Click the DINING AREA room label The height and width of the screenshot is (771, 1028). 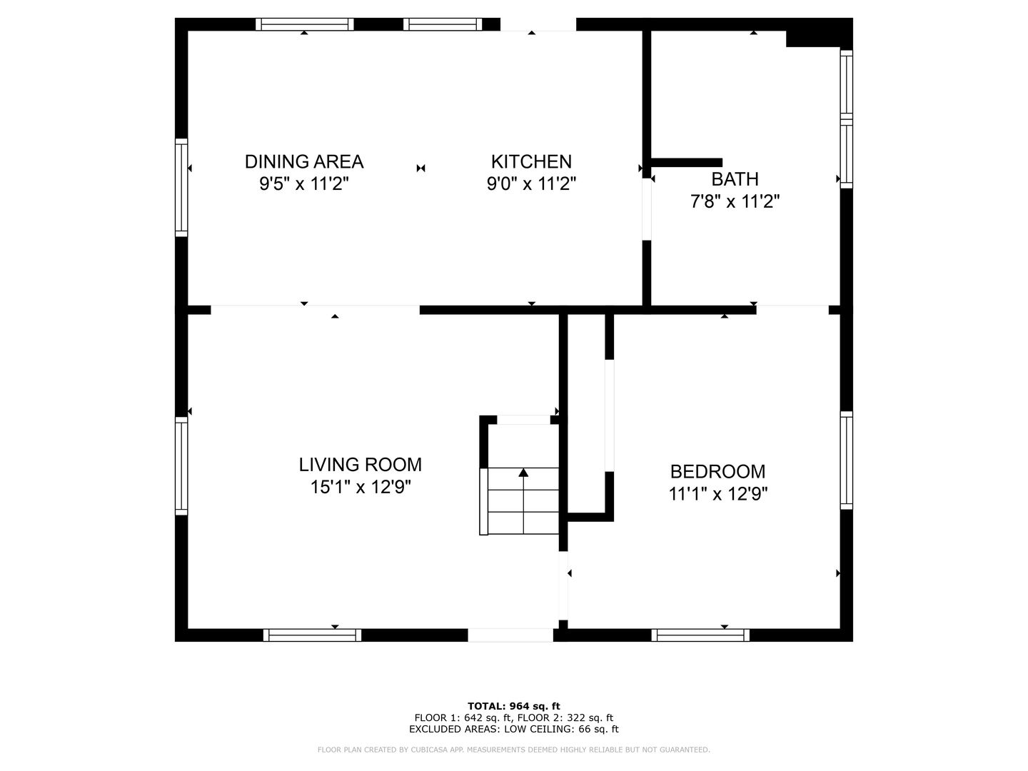coord(304,161)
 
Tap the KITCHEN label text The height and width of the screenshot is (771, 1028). coord(531,161)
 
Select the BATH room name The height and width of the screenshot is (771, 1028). coord(735,178)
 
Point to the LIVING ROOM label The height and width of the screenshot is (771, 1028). coord(360,464)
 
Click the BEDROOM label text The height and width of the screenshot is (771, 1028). coord(717,471)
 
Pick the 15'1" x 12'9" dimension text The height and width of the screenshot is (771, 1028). coord(360,487)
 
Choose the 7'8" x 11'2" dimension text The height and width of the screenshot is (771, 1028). coord(735,201)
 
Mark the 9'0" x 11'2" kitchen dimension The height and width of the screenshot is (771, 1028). coord(531,183)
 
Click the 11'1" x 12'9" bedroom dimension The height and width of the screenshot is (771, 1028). coord(717,494)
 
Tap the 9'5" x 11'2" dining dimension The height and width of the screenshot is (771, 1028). coord(304,183)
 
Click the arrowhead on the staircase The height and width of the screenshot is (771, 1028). coord(523,473)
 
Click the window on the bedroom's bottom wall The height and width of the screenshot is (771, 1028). coord(700,635)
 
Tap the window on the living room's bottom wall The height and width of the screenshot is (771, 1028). coord(312,635)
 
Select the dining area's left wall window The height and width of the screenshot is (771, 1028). coord(181,187)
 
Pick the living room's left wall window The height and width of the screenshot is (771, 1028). coord(181,465)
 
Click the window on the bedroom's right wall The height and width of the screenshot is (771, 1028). coord(846,460)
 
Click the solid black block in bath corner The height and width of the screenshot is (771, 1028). coord(819,33)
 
